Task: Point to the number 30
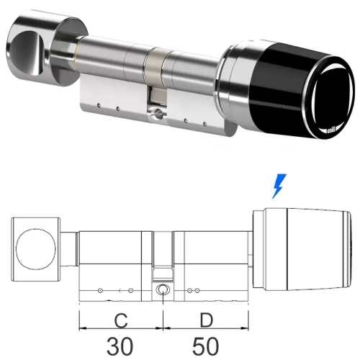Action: tap(120, 345)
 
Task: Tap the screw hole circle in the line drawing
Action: tap(163, 291)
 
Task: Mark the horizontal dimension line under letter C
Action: tap(120, 330)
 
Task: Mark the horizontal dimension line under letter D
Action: tap(204, 330)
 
